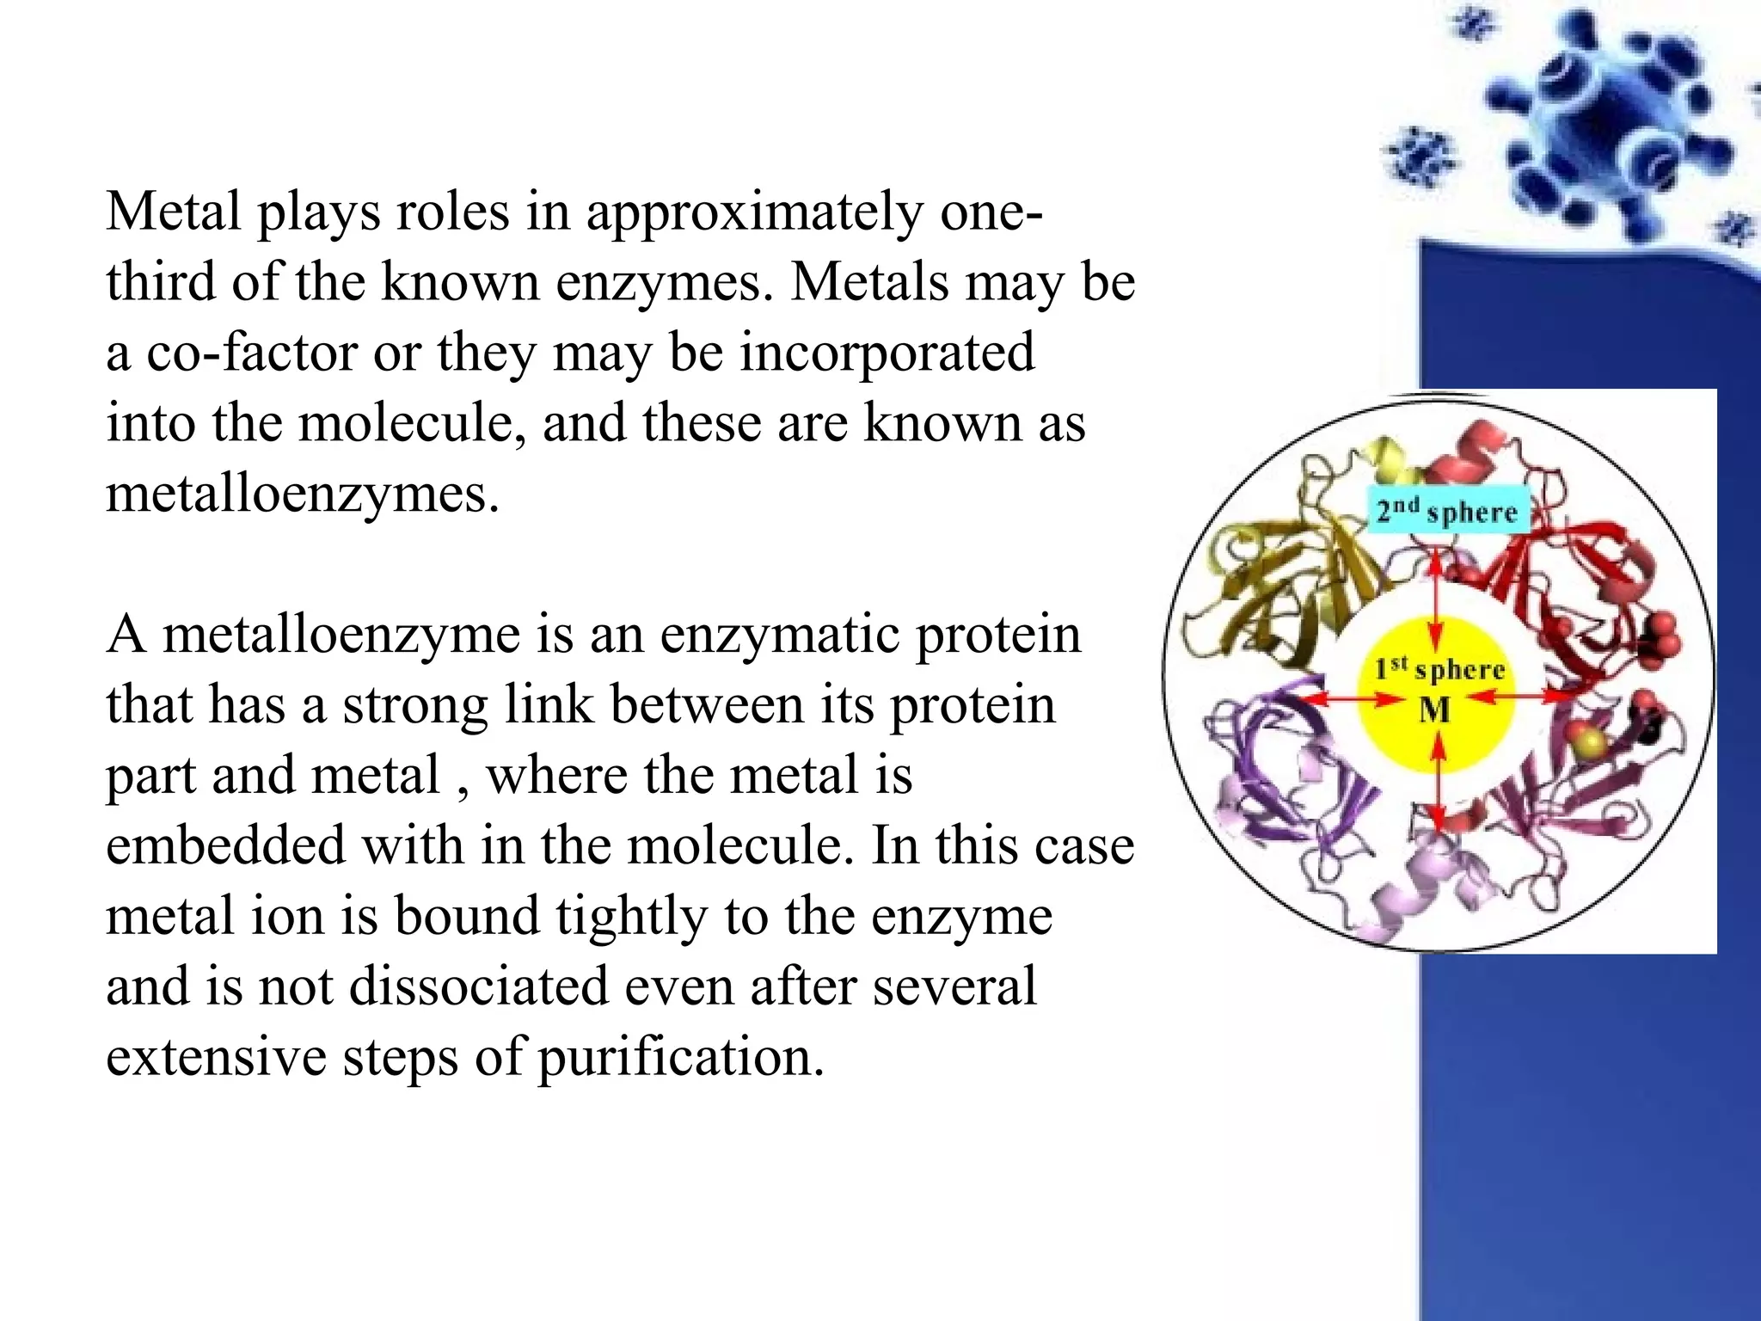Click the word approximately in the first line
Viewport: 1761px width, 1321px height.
pos(754,212)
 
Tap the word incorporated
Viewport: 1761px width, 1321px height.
pos(887,353)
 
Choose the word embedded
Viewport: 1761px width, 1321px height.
pos(225,845)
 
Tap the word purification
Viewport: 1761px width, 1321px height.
pos(680,1057)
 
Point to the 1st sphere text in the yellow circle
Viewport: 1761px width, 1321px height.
pos(1439,669)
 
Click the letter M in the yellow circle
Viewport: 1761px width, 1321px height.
pos(1434,710)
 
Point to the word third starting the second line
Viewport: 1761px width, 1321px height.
pos(161,282)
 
